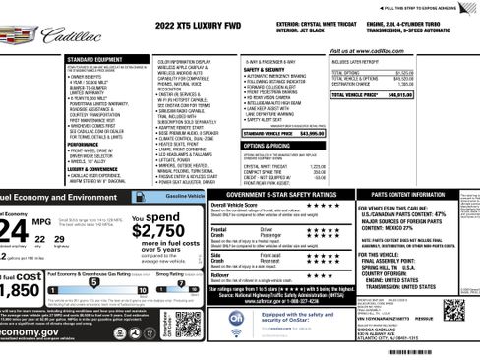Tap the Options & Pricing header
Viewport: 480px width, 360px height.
point(266,145)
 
